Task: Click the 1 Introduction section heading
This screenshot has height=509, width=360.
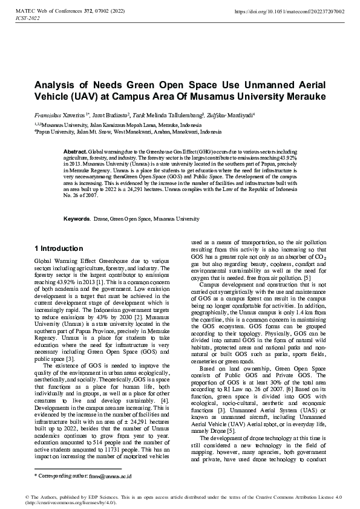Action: pyautogui.click(x=59, y=248)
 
